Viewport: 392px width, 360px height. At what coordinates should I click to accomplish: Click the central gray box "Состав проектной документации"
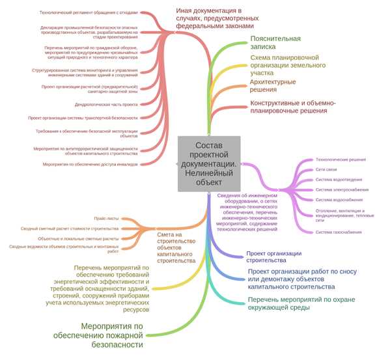[208, 164]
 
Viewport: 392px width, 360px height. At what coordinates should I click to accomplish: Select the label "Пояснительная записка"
[275, 43]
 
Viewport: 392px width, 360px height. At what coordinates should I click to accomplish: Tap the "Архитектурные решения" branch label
[273, 86]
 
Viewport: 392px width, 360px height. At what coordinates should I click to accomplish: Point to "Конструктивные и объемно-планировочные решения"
[293, 107]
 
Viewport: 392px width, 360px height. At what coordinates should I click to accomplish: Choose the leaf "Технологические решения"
[341, 159]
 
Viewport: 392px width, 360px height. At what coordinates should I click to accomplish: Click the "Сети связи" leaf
[326, 169]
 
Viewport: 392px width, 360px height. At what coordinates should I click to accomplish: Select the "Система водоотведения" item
[339, 180]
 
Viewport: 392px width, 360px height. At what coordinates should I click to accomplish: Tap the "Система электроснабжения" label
[342, 189]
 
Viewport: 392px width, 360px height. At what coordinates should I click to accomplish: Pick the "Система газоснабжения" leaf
[339, 232]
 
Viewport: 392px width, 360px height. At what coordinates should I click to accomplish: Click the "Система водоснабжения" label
[339, 200]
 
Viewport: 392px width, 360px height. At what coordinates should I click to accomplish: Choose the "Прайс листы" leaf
[106, 219]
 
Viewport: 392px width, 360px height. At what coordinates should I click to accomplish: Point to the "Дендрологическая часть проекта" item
[106, 104]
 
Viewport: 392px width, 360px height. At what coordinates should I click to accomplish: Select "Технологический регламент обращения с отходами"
[89, 12]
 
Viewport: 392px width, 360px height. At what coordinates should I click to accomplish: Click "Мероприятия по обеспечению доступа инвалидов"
[91, 164]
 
